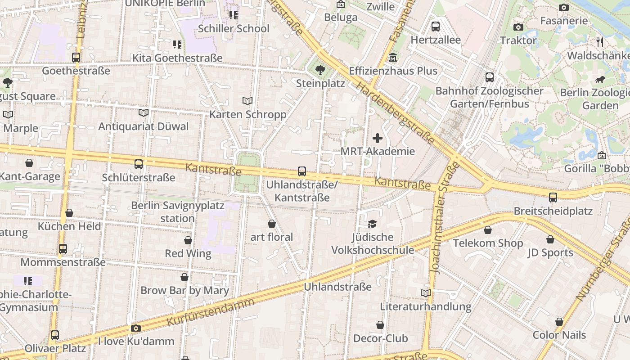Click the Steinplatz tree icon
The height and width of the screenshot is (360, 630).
(x=320, y=70)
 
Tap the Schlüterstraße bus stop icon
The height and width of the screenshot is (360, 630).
(x=139, y=164)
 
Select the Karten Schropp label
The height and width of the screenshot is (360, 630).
(x=247, y=114)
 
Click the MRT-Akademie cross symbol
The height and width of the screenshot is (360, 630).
(x=378, y=138)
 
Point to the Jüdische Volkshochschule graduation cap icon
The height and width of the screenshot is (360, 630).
(x=372, y=224)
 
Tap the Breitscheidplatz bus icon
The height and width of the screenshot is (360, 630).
(x=553, y=198)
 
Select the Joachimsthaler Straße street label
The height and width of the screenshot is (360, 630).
(x=443, y=217)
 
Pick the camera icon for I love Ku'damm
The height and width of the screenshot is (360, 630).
(x=136, y=328)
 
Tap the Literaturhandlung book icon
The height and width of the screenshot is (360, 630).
(x=426, y=293)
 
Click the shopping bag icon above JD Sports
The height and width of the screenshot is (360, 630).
(x=550, y=239)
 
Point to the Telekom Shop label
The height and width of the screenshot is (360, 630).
(x=488, y=243)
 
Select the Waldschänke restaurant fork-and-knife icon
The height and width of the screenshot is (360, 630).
(x=599, y=42)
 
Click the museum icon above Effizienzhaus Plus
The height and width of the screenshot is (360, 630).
(x=393, y=58)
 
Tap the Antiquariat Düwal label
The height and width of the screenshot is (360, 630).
(x=144, y=126)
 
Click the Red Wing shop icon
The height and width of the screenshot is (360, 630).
(x=188, y=240)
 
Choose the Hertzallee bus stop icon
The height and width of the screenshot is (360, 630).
(x=436, y=27)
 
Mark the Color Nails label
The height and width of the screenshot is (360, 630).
(x=559, y=335)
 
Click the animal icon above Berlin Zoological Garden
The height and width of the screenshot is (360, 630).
(x=600, y=80)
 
